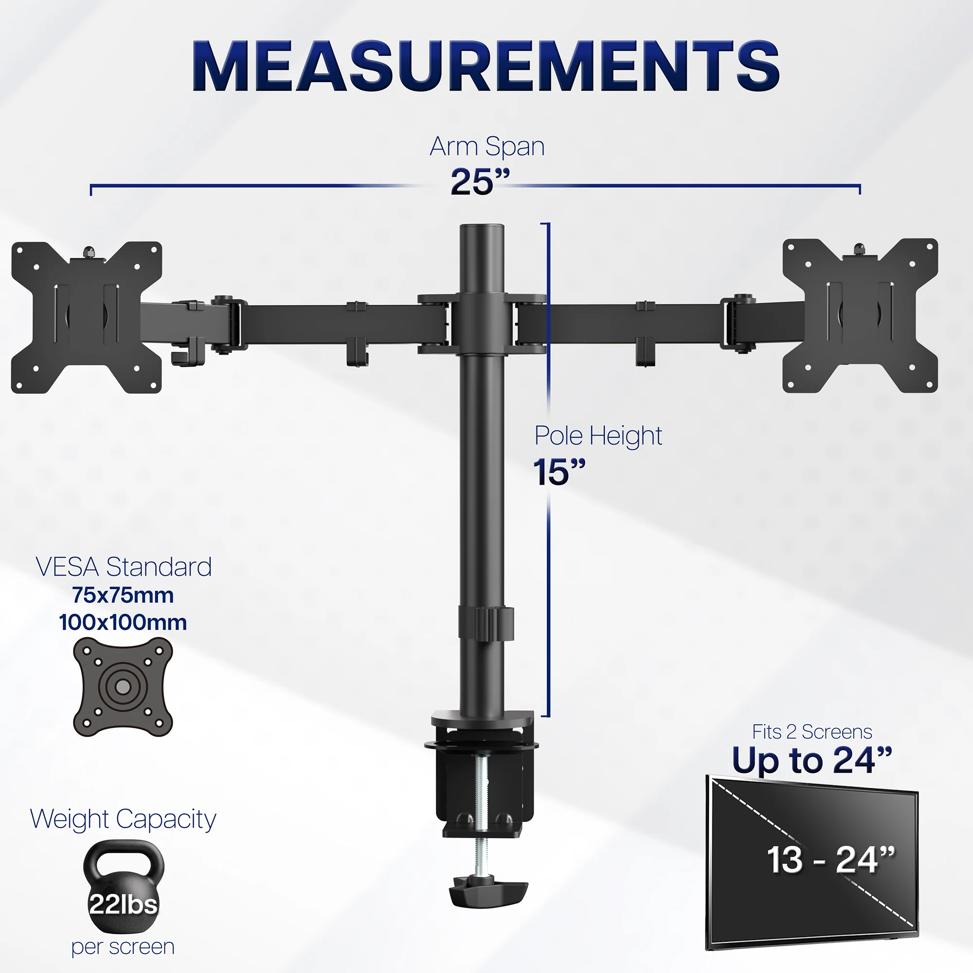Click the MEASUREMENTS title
(486, 66)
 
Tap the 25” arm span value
(480, 182)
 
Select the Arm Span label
(487, 146)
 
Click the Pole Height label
(598, 435)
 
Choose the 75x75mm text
(123, 595)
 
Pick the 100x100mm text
(123, 623)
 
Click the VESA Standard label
(124, 567)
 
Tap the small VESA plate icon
(123, 686)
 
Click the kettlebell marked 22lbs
(124, 887)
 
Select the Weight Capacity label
(124, 819)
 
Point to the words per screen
(123, 946)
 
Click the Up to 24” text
(812, 760)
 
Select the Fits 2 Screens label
(812, 732)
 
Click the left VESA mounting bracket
(87, 317)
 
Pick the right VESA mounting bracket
(860, 316)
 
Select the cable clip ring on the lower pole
(486, 624)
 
